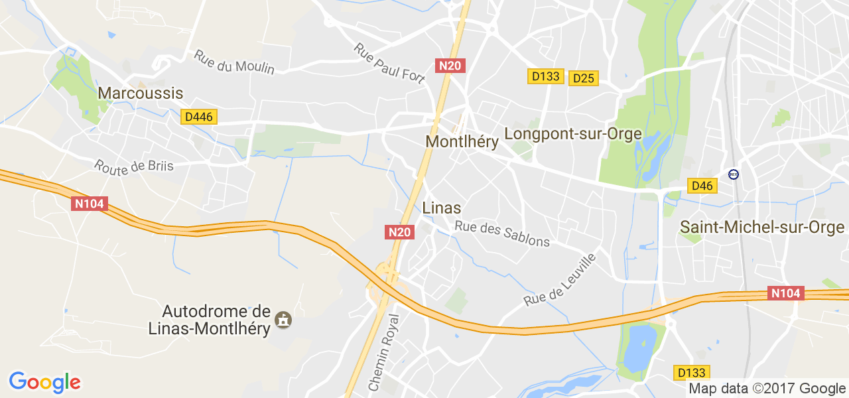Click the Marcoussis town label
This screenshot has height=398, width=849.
click(x=140, y=93)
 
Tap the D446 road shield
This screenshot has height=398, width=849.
click(x=199, y=117)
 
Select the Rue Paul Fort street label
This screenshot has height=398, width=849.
click(x=389, y=63)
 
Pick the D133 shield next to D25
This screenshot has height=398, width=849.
click(x=546, y=76)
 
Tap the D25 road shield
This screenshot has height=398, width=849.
click(x=583, y=78)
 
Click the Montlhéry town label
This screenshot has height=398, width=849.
click(x=462, y=141)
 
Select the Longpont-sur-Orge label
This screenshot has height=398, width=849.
click(x=573, y=134)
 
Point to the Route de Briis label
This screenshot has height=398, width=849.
click(x=133, y=165)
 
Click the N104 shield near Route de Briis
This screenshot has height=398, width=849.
click(x=89, y=204)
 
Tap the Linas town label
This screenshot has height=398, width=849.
click(x=441, y=208)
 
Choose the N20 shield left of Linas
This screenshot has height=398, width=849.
click(x=400, y=232)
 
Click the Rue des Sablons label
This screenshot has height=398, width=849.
click(x=502, y=233)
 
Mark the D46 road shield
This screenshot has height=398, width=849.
click(x=702, y=186)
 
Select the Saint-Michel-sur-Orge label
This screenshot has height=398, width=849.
click(x=762, y=228)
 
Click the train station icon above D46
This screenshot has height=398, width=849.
click(x=733, y=174)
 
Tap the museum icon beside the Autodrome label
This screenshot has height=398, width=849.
click(x=283, y=320)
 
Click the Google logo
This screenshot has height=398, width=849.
click(x=44, y=382)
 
